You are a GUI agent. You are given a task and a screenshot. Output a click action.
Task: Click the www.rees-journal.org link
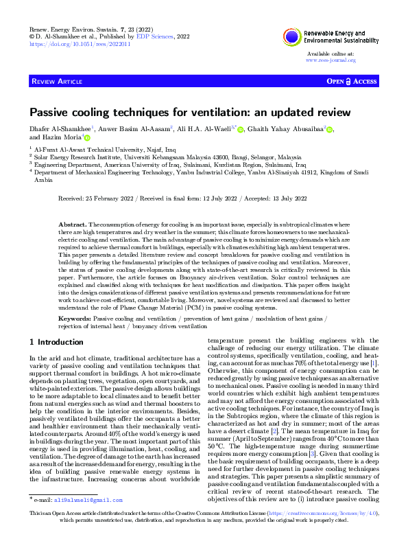tap(331, 60)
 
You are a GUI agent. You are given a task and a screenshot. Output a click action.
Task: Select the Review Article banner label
tap(57, 82)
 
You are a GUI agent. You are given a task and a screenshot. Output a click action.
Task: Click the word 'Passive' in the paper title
tap(50, 112)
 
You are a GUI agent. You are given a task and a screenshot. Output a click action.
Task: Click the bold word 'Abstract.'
tap(73, 225)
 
